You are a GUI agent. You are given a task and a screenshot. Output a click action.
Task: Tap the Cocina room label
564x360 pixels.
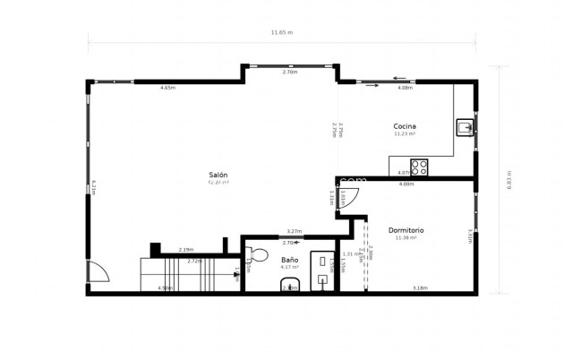click(405, 126)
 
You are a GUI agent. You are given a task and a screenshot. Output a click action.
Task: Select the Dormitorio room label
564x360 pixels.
click(406, 230)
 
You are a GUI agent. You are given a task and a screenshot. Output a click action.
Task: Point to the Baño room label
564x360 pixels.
click(289, 259)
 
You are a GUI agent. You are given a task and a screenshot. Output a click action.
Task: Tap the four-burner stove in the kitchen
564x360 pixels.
click(421, 167)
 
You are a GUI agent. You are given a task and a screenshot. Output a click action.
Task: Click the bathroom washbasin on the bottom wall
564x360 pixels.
click(289, 286)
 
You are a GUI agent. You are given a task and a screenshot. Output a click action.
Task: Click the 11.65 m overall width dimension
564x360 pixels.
click(282, 32)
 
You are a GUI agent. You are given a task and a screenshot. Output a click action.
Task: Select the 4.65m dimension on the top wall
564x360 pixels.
click(167, 88)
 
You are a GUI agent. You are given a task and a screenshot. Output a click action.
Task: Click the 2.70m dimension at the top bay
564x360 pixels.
click(289, 71)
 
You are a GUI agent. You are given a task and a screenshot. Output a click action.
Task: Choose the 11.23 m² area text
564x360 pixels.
click(405, 134)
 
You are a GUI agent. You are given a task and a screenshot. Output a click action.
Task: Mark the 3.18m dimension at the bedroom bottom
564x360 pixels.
click(419, 287)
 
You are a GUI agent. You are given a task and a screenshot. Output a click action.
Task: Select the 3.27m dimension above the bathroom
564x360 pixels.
click(293, 232)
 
